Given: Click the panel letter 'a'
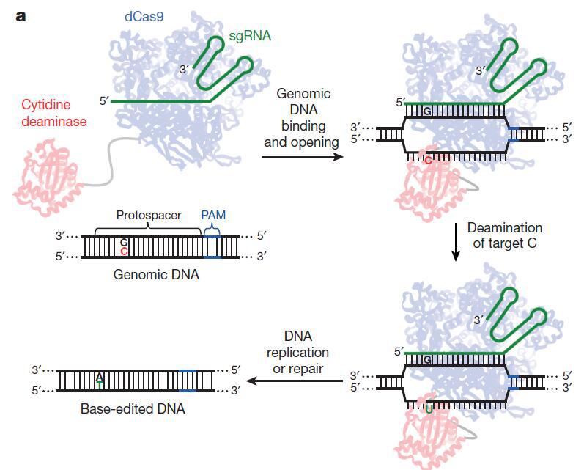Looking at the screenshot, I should coord(20,15).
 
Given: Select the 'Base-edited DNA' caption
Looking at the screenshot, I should coord(133,408).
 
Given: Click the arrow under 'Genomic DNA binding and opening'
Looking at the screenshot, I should coord(304,155).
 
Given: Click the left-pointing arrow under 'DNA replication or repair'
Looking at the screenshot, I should coord(297,381).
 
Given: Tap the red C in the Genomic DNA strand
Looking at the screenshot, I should coord(125,251).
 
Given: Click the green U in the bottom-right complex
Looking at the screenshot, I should coord(429,408).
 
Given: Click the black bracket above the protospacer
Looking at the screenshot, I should coord(148,227).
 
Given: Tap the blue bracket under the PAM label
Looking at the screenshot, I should coord(212,230).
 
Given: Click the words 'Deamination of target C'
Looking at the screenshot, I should coord(505,235).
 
